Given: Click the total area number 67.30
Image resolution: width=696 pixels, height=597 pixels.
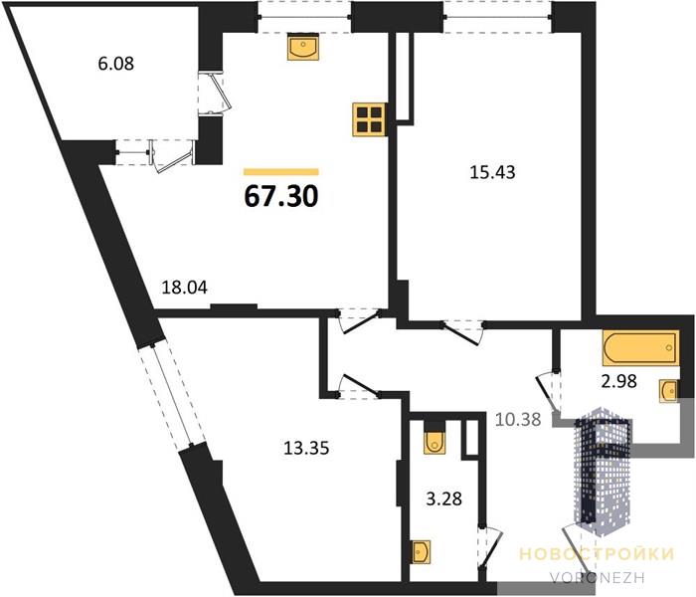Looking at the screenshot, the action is click(x=281, y=197).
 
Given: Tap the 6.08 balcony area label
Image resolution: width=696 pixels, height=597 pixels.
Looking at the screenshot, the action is click(x=116, y=64).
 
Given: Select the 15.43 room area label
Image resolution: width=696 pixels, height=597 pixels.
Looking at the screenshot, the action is click(x=492, y=172).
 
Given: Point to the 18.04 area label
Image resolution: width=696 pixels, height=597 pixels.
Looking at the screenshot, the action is click(x=184, y=288).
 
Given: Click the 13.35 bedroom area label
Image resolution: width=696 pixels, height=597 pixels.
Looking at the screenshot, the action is click(x=306, y=448).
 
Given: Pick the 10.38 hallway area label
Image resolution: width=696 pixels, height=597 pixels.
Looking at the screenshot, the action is click(x=518, y=419).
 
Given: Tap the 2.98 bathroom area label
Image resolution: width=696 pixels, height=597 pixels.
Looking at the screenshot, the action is click(x=619, y=381).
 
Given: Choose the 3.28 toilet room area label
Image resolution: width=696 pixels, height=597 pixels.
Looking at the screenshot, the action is click(x=443, y=498).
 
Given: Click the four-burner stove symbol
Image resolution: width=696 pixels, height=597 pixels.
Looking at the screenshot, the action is click(x=370, y=119).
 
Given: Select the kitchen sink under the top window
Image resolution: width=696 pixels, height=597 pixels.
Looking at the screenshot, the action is click(x=303, y=46).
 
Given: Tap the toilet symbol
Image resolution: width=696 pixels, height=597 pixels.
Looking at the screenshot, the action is click(x=435, y=443).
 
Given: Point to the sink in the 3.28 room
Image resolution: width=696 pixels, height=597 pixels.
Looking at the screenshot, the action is click(x=422, y=552).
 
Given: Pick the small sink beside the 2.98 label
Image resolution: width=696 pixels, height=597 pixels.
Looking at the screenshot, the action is click(x=668, y=391).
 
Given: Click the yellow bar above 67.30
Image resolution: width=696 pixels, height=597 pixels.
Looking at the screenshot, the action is click(x=281, y=172).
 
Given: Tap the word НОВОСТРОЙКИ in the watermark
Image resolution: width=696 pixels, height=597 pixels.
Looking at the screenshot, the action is click(x=597, y=554).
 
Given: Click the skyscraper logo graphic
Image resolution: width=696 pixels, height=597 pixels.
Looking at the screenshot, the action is click(x=604, y=471).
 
